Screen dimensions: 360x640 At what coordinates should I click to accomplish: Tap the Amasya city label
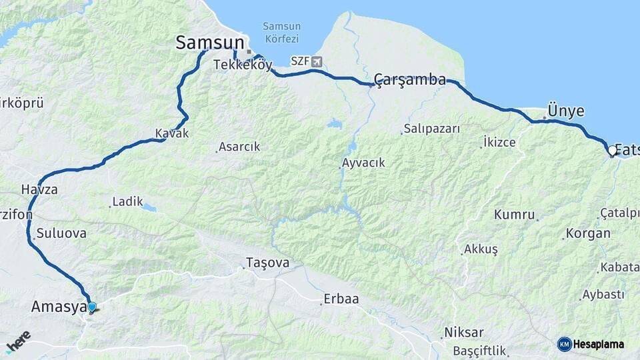pos(59,307)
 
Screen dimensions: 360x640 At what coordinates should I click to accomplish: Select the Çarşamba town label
pos(409,80)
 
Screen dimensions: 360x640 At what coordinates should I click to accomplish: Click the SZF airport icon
pos(316,61)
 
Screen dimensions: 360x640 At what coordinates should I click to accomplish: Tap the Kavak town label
pos(172,133)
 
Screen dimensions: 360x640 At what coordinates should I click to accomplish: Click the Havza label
pos(39,189)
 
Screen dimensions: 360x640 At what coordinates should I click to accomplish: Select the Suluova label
pos(61,233)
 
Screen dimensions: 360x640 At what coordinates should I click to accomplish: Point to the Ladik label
pos(127,201)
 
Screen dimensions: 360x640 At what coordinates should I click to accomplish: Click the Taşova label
pos(267,263)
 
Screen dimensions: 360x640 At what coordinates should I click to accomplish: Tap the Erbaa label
pos(341,299)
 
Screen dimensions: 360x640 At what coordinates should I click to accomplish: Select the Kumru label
pos(514,215)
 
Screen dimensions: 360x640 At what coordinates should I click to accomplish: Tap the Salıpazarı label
pos(431,129)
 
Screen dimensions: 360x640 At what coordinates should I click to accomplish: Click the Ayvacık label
pos(363,163)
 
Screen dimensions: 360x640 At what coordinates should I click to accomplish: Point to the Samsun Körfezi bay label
pos(281,33)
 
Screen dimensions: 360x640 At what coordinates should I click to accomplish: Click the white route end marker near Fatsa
pos(612,151)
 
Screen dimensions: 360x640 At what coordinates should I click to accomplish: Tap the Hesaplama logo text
pos(598,344)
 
